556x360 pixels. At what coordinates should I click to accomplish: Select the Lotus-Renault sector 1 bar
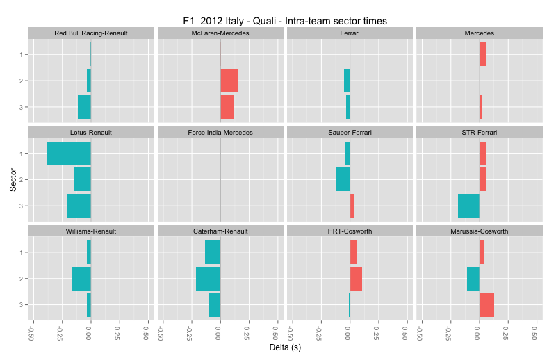click(69, 154)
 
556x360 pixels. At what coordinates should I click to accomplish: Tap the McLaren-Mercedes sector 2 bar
click(229, 81)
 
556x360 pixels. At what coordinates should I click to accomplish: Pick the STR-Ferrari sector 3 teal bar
click(468, 206)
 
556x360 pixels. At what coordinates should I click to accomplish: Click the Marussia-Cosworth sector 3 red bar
click(486, 305)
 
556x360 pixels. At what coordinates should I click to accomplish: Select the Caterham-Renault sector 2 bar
click(208, 279)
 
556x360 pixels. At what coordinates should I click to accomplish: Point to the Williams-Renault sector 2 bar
click(81, 279)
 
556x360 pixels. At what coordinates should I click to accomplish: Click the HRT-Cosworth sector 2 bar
click(356, 279)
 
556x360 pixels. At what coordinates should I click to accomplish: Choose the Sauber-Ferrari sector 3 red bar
click(352, 206)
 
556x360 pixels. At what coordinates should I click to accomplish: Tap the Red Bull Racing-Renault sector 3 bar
click(84, 107)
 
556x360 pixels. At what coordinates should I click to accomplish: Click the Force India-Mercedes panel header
click(220, 132)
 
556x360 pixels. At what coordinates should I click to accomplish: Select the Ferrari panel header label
click(350, 33)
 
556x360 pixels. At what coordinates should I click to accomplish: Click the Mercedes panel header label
click(479, 33)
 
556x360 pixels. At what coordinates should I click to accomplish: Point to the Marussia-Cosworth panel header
click(479, 231)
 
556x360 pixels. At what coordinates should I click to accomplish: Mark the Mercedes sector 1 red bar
click(482, 54)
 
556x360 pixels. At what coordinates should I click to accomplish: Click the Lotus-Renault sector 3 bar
click(79, 206)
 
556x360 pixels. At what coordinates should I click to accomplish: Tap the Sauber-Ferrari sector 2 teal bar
click(343, 179)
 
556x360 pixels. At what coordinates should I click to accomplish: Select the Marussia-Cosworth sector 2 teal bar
click(473, 279)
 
